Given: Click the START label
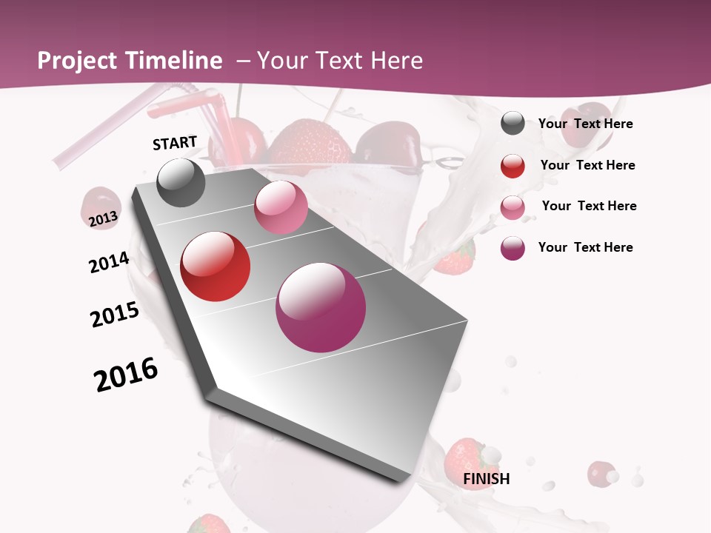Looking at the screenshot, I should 175,143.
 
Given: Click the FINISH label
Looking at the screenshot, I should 487,479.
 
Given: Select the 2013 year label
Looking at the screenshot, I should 103,219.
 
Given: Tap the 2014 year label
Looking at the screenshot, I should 109,262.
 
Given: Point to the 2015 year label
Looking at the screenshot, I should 115,315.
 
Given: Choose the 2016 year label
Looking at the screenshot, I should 126,375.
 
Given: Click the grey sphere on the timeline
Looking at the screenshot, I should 181,183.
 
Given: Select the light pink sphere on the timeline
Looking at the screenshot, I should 281,207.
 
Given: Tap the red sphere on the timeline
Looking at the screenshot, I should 216,266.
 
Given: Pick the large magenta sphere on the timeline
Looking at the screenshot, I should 321,307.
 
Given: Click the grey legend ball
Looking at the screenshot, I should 513,124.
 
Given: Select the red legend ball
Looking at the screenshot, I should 513,166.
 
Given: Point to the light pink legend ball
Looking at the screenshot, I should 513,207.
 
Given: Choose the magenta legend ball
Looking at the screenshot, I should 513,248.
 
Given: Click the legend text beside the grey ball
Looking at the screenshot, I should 585,124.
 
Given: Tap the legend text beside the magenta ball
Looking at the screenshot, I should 585,247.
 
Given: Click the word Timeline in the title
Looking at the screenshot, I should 174,61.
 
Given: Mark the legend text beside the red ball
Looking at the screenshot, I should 587,165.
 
